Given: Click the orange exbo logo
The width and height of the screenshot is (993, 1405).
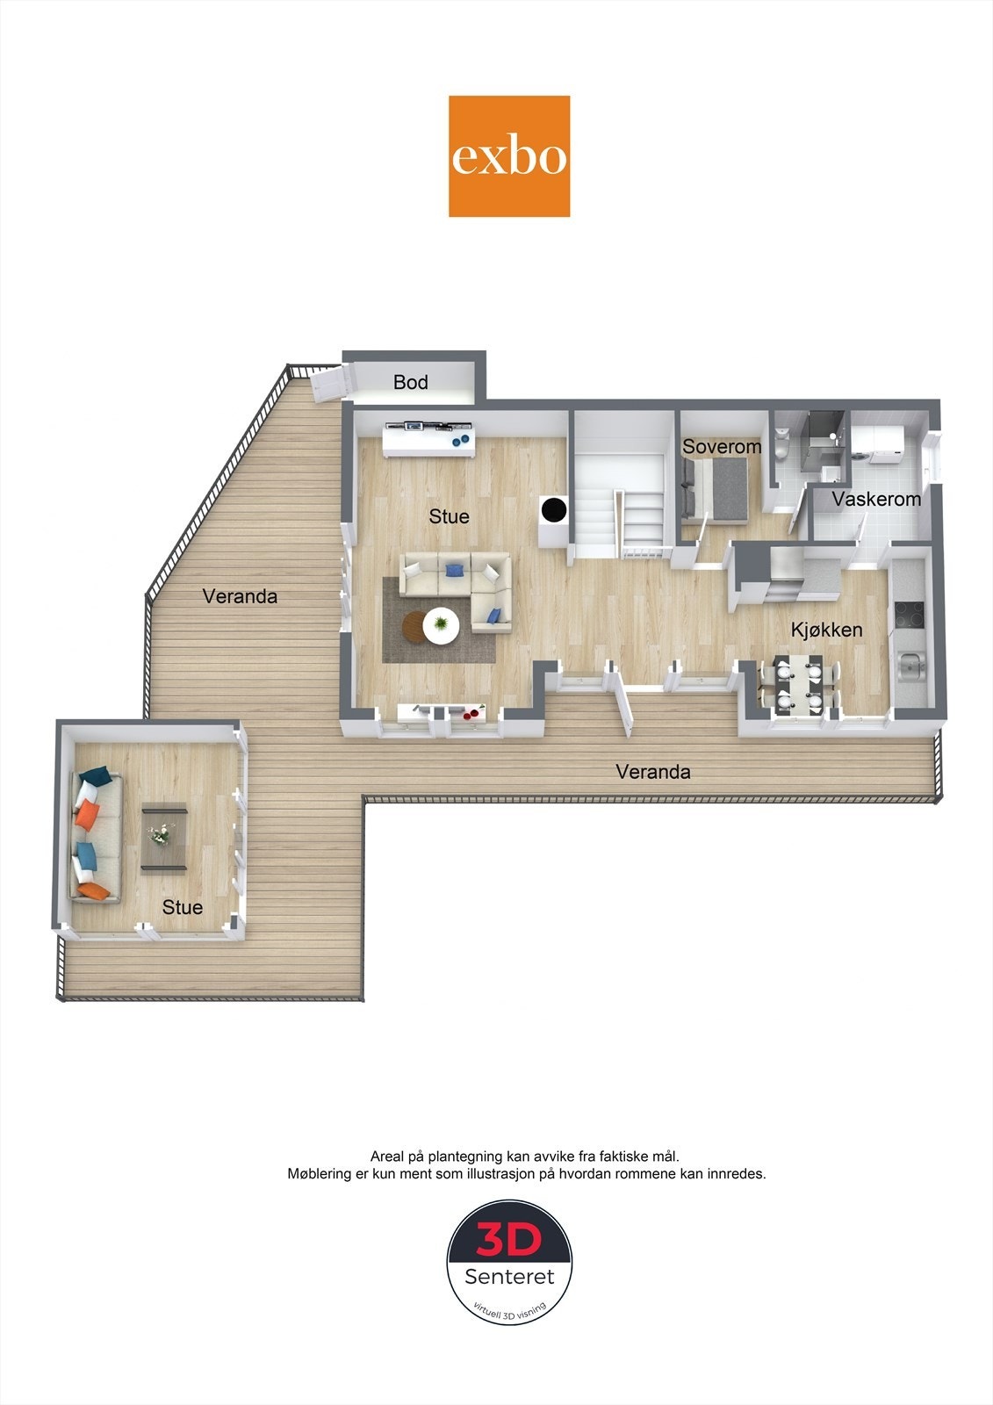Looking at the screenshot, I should pyautogui.click(x=509, y=156).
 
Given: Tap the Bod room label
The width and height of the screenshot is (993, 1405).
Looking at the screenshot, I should pyautogui.click(x=410, y=382).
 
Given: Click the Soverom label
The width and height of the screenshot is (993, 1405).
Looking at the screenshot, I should pyautogui.click(x=722, y=446).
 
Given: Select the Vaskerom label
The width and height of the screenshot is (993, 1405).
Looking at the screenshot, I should pyautogui.click(x=876, y=500).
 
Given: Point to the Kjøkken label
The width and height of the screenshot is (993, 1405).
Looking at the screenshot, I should pyautogui.click(x=826, y=630).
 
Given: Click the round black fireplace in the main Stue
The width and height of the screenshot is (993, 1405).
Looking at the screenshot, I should pyautogui.click(x=554, y=509).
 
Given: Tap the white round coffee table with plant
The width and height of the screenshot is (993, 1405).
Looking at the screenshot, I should pyautogui.click(x=441, y=625).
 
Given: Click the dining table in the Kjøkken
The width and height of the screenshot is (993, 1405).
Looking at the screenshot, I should pyautogui.click(x=798, y=682).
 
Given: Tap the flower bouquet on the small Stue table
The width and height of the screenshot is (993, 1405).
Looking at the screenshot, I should pyautogui.click(x=162, y=834).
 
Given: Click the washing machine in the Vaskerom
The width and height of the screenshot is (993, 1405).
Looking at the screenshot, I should pyautogui.click(x=879, y=443).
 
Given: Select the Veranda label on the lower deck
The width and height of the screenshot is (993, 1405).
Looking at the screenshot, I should pyautogui.click(x=652, y=772).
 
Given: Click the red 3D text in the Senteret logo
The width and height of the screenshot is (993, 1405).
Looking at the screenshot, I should pyautogui.click(x=509, y=1240).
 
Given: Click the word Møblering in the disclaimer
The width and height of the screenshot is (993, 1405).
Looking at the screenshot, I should pyautogui.click(x=320, y=1173).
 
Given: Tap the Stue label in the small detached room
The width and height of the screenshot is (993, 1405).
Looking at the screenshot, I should pyautogui.click(x=182, y=907).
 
